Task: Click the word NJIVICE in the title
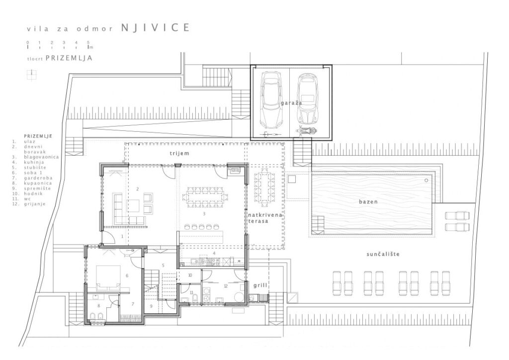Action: click(156, 27)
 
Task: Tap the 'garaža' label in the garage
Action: click(291, 103)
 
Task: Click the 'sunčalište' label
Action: click(383, 254)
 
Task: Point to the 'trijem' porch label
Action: click(179, 153)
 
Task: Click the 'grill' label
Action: click(260, 285)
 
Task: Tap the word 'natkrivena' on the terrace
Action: click(265, 215)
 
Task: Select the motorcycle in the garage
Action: click(306, 131)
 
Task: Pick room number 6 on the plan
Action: click(127, 275)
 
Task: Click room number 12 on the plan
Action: click(226, 286)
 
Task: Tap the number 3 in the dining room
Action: click(204, 214)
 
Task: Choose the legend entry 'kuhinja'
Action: click(34, 162)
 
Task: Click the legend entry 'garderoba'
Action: click(38, 178)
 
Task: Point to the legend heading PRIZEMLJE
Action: click(38, 136)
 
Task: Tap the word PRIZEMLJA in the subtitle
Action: click(69, 58)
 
